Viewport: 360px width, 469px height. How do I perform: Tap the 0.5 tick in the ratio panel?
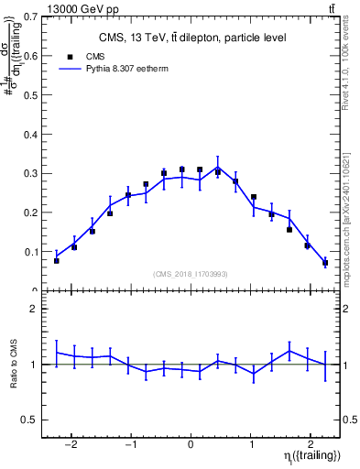point(32,420)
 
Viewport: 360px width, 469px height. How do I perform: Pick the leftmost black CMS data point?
point(57,261)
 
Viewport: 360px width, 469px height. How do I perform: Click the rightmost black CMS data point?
point(325,263)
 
